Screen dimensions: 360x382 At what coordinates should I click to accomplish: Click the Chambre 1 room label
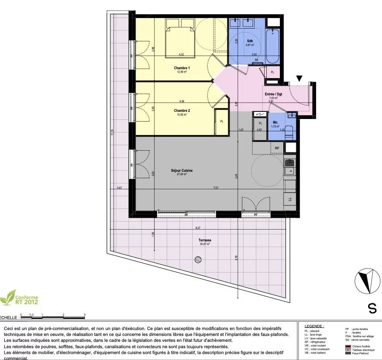click(182, 68)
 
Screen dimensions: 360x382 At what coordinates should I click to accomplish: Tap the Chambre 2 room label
click(182, 111)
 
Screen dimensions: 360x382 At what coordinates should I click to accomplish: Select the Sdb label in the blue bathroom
click(250, 41)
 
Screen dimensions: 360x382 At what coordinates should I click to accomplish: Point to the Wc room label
click(275, 123)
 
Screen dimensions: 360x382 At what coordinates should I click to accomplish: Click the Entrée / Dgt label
click(273, 94)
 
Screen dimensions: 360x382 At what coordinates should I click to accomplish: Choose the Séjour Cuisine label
click(182, 170)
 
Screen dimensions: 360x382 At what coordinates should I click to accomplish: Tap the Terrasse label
click(205, 240)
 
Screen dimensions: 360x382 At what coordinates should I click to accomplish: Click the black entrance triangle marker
click(299, 78)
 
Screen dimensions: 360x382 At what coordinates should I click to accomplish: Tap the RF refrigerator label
click(277, 148)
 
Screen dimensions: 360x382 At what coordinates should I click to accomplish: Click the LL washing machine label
click(290, 198)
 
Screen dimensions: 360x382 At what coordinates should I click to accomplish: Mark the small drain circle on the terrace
click(198, 260)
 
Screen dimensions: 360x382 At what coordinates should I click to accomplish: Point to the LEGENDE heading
click(314, 326)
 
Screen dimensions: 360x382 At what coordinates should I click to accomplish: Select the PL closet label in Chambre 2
click(222, 122)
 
